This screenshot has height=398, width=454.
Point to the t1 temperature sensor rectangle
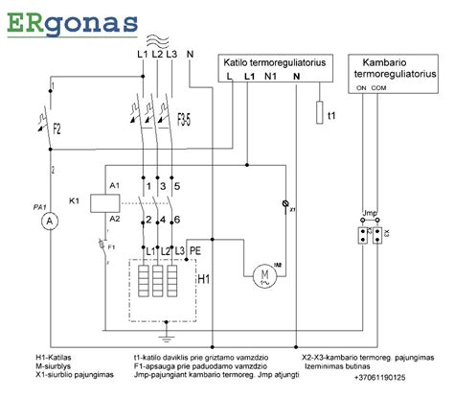pos(319,115)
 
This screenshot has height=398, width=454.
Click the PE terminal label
pos(195,250)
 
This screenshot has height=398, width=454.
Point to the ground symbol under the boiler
pos(167,337)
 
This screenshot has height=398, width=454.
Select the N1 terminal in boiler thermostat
pos(271,76)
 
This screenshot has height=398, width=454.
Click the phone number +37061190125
pos(379,376)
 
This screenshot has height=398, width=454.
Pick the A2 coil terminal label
pos(115,220)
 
